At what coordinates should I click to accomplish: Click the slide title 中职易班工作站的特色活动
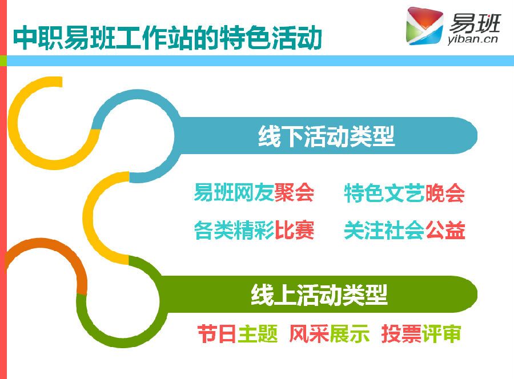tap(167, 37)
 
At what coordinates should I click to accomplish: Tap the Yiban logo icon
tap(424, 26)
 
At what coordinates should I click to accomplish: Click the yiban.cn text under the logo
tap(472, 39)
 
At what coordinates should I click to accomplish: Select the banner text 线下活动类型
tap(326, 136)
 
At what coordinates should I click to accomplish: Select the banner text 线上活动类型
tap(319, 295)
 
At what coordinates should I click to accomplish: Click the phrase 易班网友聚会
tap(254, 192)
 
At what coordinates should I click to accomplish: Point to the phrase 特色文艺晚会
tap(404, 193)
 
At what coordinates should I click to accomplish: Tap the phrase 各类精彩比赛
tap(254, 230)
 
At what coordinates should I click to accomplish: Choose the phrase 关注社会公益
tap(404, 230)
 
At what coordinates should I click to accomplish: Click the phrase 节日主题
tap(238, 334)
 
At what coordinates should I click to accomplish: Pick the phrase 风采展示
tap(329, 334)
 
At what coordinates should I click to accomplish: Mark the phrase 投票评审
tap(421, 334)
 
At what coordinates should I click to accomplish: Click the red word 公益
tap(445, 230)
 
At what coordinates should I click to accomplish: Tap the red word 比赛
tap(294, 230)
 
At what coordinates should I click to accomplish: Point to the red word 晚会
tap(445, 193)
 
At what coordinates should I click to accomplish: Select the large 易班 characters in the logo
tap(475, 23)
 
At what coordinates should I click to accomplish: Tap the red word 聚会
tap(294, 192)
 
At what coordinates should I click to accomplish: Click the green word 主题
tap(258, 334)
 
